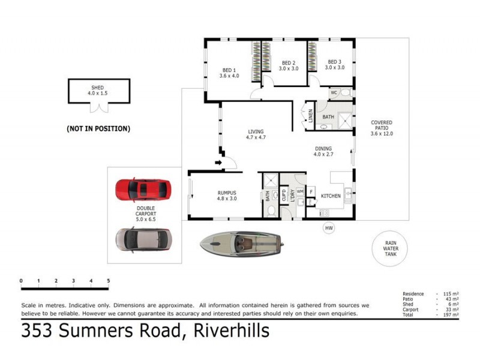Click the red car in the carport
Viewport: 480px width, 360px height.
(143, 190)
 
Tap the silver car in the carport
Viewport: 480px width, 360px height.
(143, 239)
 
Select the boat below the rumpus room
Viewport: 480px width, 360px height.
(240, 243)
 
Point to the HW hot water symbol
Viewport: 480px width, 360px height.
(328, 228)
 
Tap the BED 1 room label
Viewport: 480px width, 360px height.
(229, 69)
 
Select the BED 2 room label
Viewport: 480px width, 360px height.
(288, 62)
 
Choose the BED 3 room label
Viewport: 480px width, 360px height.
(334, 62)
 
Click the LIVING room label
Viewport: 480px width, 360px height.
(256, 131)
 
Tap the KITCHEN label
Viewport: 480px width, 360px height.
(331, 196)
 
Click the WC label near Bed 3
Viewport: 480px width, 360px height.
(334, 92)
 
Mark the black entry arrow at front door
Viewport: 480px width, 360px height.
(218, 161)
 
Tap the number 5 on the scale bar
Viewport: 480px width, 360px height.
(108, 281)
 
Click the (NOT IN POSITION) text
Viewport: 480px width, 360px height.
(98, 128)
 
